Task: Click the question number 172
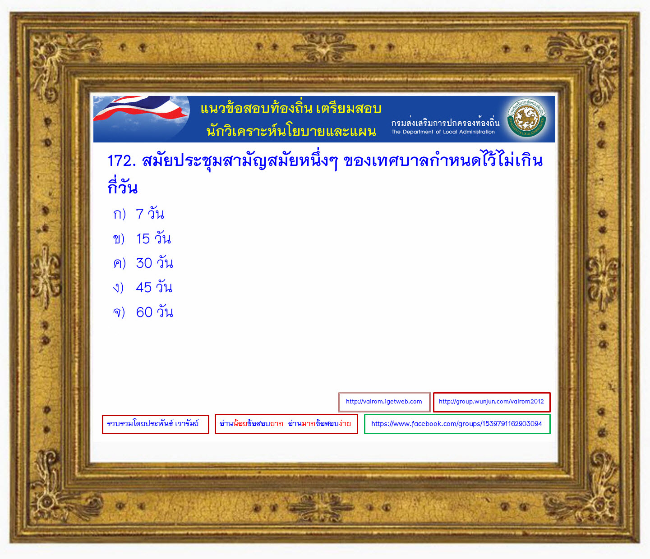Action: click(122, 160)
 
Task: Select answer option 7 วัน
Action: click(150, 213)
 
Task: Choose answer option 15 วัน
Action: click(153, 238)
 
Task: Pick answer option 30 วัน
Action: click(154, 263)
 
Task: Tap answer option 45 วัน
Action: click(154, 287)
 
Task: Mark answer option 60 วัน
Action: click(154, 312)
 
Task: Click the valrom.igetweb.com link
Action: click(384, 402)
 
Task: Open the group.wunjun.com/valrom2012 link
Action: click(492, 402)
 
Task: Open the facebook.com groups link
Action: click(457, 424)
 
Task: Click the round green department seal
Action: click(526, 118)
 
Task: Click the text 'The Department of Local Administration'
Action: click(443, 132)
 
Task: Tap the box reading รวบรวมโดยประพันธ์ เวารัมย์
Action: click(155, 424)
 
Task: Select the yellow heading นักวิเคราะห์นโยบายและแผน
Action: click(291, 131)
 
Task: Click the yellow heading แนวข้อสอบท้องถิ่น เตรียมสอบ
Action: click(291, 108)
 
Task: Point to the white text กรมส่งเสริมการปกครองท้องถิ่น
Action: click(445, 122)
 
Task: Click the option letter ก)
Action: click(120, 214)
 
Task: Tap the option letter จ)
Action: click(119, 312)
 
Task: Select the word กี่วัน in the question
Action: click(123, 187)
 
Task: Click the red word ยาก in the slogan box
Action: click(277, 424)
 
